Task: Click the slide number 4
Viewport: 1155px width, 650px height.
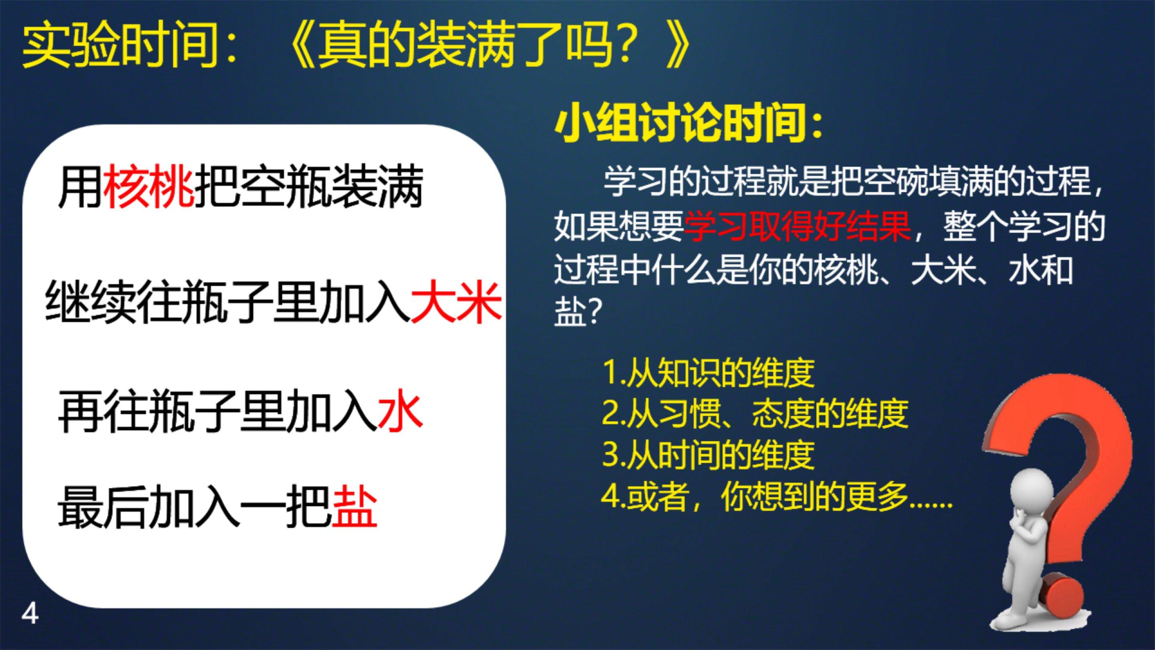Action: pos(30,614)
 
